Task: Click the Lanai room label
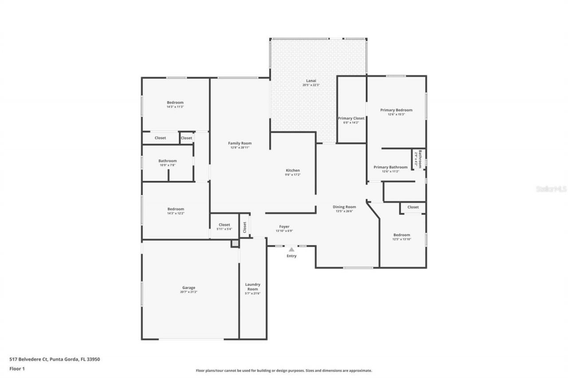(x=311, y=81)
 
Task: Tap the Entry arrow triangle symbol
(x=292, y=250)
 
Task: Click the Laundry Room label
(x=252, y=287)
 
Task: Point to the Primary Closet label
(x=351, y=118)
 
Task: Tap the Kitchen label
(x=293, y=170)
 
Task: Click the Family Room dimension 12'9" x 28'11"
(x=240, y=148)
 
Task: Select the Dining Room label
(x=344, y=207)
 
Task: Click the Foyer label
(x=284, y=226)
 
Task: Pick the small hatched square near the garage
(x=234, y=243)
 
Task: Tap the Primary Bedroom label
(x=396, y=110)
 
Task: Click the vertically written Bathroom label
(x=419, y=159)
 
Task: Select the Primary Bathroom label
(x=390, y=167)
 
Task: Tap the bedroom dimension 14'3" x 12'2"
(x=175, y=214)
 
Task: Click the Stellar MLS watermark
(x=551, y=189)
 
